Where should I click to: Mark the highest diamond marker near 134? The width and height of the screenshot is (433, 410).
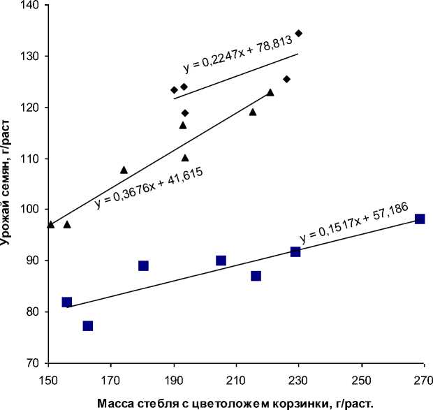coord(299,33)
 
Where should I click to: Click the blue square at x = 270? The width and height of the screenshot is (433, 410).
coord(420,219)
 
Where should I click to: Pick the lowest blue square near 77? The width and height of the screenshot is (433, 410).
coord(88,326)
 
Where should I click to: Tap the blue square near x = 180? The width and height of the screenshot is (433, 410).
coord(143,265)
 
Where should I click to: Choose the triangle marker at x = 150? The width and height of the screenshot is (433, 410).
coord(50,224)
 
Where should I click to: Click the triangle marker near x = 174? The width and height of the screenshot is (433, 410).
coord(124,170)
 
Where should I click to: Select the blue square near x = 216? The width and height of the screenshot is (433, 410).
coord(256,276)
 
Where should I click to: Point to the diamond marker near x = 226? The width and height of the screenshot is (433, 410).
coord(286,79)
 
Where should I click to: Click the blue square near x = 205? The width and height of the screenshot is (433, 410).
coord(221,261)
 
